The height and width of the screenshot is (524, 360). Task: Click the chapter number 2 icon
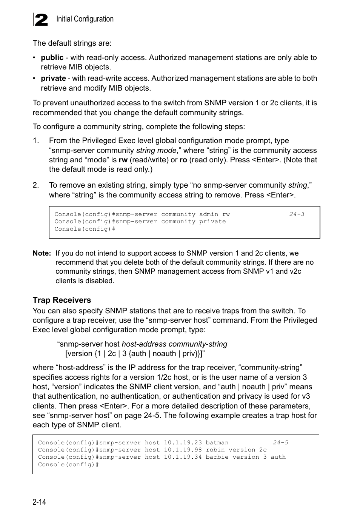41,20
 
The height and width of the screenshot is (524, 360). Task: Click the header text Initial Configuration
85,19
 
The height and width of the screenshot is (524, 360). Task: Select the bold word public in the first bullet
52,58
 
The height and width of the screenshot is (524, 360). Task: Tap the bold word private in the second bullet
53,79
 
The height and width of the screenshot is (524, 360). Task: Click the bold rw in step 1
123,160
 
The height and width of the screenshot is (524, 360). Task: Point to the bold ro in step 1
183,160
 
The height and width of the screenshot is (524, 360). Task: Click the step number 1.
36,141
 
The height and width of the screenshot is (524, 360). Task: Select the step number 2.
36,185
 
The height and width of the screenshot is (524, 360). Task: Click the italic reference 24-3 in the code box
297,214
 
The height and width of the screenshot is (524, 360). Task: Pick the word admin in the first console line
209,214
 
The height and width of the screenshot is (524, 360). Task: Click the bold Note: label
42,253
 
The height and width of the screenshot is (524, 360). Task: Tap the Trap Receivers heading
62,300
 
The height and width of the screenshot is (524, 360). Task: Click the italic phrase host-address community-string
174,344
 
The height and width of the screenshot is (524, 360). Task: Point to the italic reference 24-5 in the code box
280,443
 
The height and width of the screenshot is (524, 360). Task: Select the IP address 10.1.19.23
183,443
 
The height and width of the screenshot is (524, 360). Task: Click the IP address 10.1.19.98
183,450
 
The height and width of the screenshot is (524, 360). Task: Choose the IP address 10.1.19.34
183,457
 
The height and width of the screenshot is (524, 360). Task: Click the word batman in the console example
217,443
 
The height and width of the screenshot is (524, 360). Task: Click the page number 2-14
39,502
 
